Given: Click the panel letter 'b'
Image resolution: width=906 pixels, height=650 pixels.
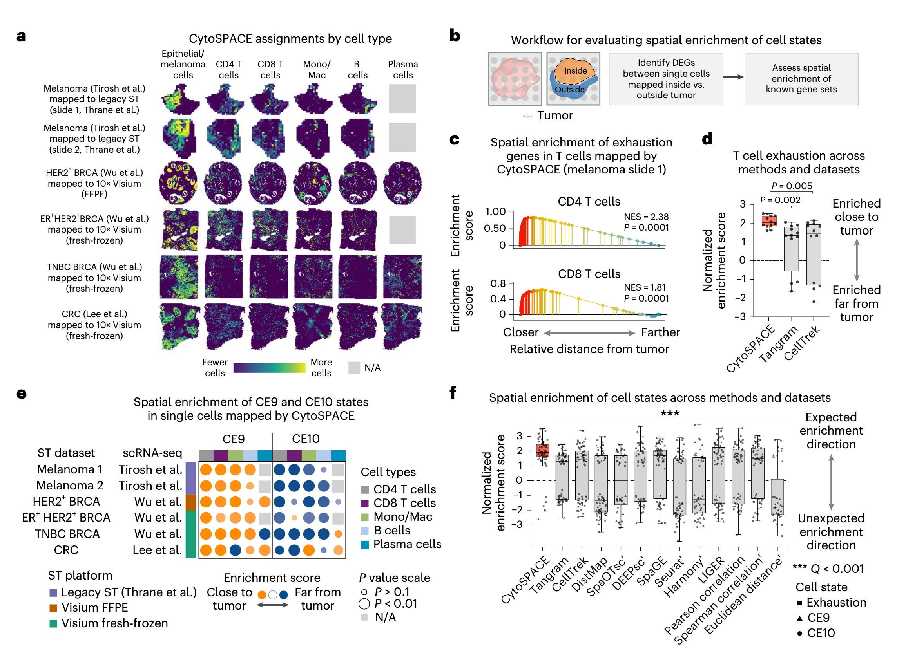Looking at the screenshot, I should (455, 36).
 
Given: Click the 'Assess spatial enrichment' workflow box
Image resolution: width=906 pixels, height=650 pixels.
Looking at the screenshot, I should (801, 79).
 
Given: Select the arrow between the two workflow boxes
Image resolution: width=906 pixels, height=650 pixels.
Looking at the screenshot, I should (734, 77).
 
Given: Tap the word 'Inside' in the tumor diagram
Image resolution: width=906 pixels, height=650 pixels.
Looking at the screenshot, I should (575, 70).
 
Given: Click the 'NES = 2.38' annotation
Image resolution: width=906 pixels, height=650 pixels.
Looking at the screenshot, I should (646, 217).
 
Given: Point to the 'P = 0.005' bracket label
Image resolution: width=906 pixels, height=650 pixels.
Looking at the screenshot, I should (792, 186).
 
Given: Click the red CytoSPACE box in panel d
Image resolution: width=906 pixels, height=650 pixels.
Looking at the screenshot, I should (769, 220).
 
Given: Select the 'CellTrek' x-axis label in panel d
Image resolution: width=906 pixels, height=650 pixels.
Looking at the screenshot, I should (802, 343).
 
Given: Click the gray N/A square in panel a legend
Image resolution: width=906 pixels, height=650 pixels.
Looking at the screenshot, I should (354, 368).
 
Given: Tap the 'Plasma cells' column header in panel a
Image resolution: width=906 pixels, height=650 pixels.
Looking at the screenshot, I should (402, 69).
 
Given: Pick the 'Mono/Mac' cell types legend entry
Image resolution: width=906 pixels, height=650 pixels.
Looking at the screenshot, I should (403, 516).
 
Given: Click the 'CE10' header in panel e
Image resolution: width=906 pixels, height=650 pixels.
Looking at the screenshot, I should (306, 439).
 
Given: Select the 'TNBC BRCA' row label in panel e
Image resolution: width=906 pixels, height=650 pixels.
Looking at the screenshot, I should (67, 534).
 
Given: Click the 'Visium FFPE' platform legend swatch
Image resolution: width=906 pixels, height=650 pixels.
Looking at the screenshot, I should (53, 608).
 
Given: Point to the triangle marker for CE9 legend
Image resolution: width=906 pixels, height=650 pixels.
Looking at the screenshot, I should (799, 618).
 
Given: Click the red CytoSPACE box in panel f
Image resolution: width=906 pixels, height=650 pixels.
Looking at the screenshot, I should (542, 450).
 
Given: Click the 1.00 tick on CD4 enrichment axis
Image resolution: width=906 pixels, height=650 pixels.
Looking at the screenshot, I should (495, 211).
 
